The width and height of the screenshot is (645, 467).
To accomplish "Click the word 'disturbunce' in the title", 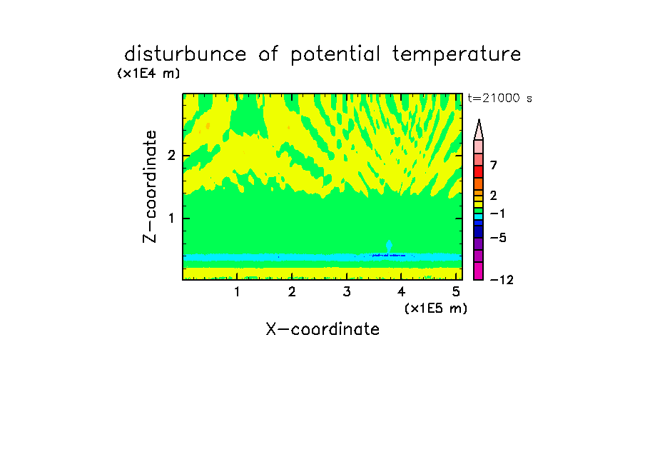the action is pos(186,54).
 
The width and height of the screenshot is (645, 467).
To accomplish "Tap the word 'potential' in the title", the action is pos(335,55).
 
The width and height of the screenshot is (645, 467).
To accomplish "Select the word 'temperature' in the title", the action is pos(457,55).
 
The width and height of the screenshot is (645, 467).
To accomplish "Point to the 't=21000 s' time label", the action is pos(499,98).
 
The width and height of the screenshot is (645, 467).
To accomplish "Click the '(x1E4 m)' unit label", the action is pos(148,74).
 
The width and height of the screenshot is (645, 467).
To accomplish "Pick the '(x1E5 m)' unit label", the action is pos(436,308).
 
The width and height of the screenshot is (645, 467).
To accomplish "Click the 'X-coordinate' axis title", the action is pos(322,329).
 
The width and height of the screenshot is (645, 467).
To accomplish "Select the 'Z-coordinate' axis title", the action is pos(150,186).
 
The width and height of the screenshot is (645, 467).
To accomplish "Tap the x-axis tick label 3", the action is pos(347,291).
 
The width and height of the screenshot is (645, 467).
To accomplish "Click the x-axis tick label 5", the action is pos(456,291).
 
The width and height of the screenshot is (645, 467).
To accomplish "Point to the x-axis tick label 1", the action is pos(238,291).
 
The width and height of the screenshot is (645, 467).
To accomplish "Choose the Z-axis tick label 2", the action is pos(171,156).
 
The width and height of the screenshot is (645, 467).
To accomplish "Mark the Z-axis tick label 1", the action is pos(171,219).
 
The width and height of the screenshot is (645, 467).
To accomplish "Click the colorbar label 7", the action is pos(494,165).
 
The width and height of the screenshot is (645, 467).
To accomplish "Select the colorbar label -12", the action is pos(502,280).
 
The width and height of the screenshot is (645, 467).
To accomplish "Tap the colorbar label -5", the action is pos(498,238).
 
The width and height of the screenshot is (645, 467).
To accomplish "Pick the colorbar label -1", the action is pos(497,214).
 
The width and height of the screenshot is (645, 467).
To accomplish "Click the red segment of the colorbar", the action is pos(479,171).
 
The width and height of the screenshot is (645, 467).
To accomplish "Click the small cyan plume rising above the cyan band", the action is pos(389,246).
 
